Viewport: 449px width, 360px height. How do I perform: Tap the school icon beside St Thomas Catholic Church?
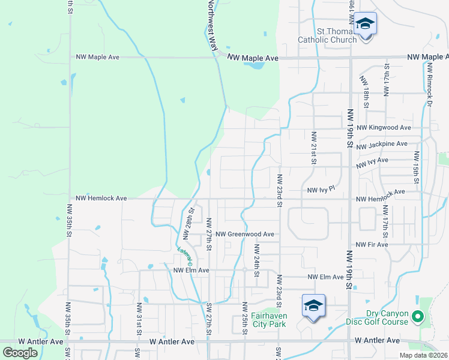[x=364, y=25]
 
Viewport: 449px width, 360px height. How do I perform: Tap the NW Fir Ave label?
[x=372, y=245]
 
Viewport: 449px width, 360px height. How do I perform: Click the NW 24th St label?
[x=256, y=260]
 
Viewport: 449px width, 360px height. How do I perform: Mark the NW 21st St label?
[x=313, y=148]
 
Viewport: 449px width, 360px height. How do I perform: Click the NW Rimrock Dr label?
[x=430, y=87]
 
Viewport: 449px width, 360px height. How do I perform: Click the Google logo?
[x=20, y=352]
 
